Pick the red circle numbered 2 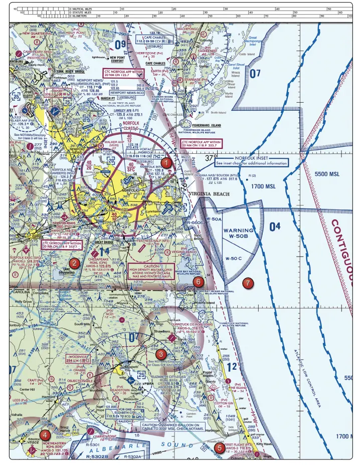(74, 263)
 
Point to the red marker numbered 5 (218, 447)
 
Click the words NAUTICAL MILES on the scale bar (85, 9)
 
